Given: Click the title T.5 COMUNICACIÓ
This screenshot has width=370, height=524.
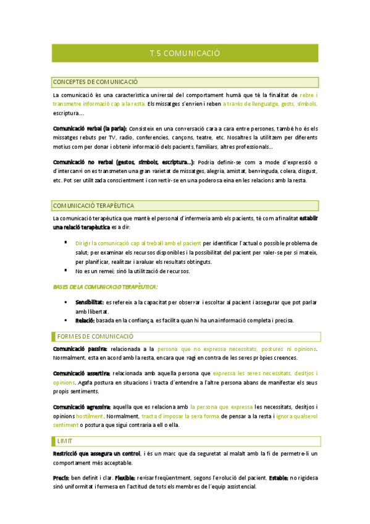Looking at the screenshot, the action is pyautogui.click(x=185, y=54).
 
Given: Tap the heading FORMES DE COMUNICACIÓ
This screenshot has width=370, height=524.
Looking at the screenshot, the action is pyautogui.click(x=95, y=337).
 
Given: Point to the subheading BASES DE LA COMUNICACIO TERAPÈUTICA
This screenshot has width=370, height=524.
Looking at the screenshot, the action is pyautogui.click(x=105, y=287).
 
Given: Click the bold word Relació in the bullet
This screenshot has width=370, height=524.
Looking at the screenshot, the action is pyautogui.click(x=85, y=320).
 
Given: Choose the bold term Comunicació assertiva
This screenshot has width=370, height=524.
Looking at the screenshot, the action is pyautogui.click(x=82, y=373).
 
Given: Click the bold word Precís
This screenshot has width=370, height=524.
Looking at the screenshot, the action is pyautogui.click(x=61, y=478).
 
